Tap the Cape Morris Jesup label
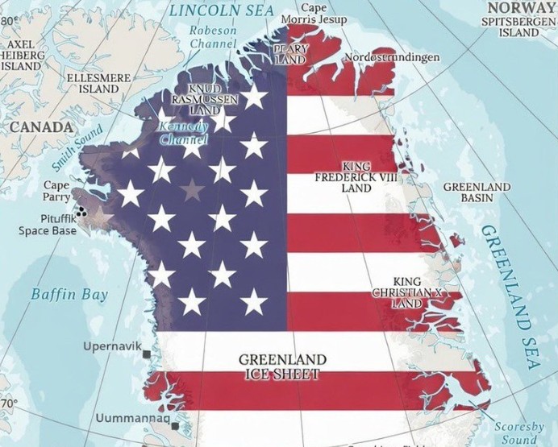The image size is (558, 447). [x=314, y=13]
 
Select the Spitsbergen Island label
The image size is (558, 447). [x=518, y=27]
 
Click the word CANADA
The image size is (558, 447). [x=41, y=126]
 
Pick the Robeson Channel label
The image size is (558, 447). [x=213, y=36]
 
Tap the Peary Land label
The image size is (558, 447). [x=290, y=54]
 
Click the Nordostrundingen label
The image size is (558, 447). [x=392, y=58]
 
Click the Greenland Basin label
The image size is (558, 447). [x=477, y=192]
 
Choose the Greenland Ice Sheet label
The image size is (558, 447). [x=282, y=366]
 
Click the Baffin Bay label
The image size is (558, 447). [x=69, y=294]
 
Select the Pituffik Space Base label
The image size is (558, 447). [x=48, y=224]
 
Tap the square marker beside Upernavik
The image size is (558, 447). [x=147, y=354]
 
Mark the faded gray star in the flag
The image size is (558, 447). [x=192, y=190]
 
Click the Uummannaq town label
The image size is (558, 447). [x=132, y=420]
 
